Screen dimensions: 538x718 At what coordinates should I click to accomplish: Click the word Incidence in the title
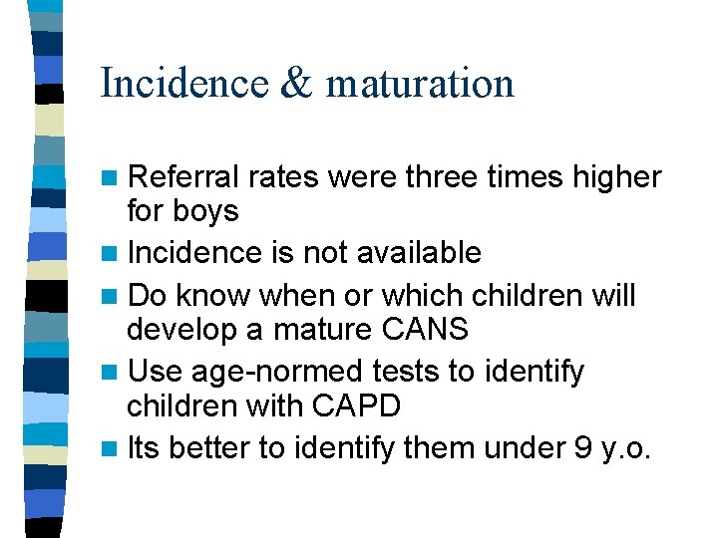pyautogui.click(x=183, y=84)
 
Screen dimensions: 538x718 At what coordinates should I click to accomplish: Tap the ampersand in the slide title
pyautogui.click(x=295, y=84)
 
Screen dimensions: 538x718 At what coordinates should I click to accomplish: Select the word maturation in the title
pyautogui.click(x=420, y=84)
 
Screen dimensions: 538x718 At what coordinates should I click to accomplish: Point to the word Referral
pyautogui.click(x=184, y=177)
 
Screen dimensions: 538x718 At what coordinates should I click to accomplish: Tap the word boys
pyautogui.click(x=204, y=211)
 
